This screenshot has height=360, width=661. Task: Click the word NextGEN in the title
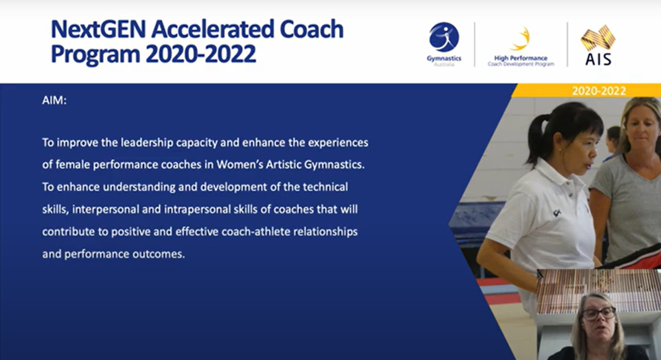click(98, 30)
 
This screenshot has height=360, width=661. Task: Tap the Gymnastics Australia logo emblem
click(444, 37)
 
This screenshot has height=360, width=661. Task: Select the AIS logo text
click(598, 59)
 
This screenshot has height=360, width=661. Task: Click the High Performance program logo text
click(521, 61)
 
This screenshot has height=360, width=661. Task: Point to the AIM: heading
click(54, 100)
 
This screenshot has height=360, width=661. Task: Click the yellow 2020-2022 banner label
click(599, 91)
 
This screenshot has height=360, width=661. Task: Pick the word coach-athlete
click(256, 232)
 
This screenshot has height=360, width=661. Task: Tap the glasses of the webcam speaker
click(599, 313)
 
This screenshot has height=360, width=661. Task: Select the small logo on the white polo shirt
click(557, 213)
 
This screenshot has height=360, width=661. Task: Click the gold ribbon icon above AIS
click(598, 38)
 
